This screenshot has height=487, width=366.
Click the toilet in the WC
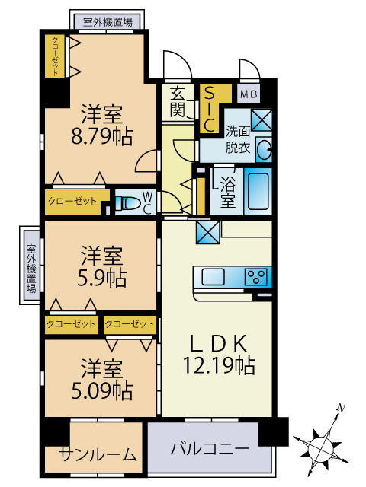tap(127, 203)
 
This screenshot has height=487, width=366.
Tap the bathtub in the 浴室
tap(258, 191)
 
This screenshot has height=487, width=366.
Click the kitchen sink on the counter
tap(213, 277)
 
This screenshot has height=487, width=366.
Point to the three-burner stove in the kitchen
tap(255, 277)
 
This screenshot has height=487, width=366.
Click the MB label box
tap(249, 94)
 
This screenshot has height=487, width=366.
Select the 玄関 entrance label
tap(178, 101)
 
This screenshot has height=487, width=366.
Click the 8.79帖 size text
tap(101, 136)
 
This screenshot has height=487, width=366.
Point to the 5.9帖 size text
tap(101, 277)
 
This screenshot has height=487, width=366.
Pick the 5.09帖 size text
tap(101, 390)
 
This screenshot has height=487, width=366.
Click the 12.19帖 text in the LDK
tap(219, 365)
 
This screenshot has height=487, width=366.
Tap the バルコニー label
tap(210, 449)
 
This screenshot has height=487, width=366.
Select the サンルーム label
tap(98, 455)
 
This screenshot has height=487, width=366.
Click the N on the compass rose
tap(342, 408)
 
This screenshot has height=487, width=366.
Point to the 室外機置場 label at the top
tap(108, 22)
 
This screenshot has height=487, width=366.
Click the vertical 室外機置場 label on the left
tap(31, 269)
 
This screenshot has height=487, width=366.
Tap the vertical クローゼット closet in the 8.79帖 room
tap(55, 56)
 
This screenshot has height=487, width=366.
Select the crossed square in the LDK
tap(208, 232)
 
